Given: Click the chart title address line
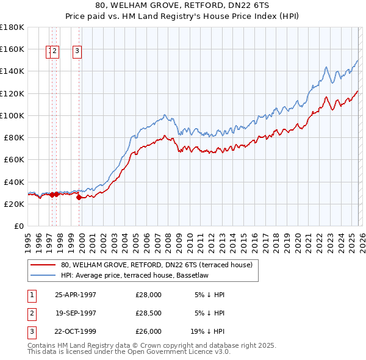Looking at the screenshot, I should click(183, 5).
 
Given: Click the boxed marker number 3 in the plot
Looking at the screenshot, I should click(78, 51).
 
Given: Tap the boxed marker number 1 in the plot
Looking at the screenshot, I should click(49, 51).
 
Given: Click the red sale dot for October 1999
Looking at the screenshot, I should click(79, 197).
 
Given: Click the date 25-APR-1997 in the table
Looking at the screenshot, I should click(76, 295).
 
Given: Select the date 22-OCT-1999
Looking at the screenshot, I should click(76, 331).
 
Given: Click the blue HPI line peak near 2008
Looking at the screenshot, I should click(165, 114).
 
